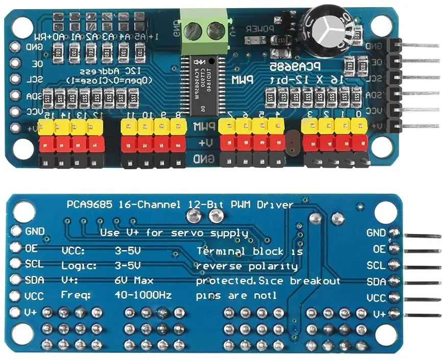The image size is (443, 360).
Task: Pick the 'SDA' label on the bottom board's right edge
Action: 377,281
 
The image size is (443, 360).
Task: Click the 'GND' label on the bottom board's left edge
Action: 35,232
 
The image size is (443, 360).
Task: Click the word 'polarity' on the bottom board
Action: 278,266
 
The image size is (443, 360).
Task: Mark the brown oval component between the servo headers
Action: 292,143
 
